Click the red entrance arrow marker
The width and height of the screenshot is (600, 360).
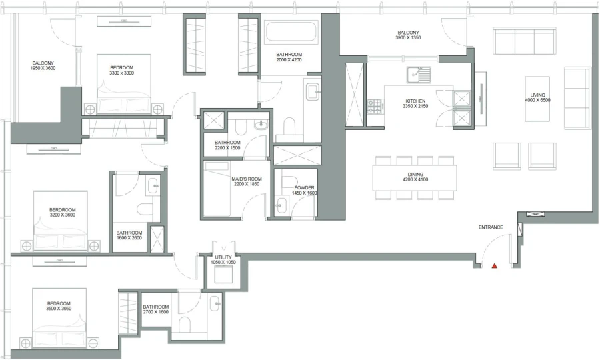[494, 266]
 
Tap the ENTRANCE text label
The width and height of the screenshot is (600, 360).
[491, 227]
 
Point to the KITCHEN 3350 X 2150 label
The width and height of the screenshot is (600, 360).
[415, 105]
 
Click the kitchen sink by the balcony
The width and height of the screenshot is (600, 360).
[420, 74]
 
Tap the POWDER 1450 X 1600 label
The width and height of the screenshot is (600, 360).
[304, 190]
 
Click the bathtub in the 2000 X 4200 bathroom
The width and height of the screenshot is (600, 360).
[292, 32]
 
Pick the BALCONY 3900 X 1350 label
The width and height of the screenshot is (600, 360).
[408, 35]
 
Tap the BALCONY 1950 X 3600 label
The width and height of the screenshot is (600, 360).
[43, 65]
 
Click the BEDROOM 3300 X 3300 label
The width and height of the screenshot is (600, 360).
[121, 70]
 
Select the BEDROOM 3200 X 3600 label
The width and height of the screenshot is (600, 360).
[62, 213]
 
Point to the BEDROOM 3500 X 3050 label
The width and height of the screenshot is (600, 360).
[59, 306]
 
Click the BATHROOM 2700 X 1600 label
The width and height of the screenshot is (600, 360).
[156, 309]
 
